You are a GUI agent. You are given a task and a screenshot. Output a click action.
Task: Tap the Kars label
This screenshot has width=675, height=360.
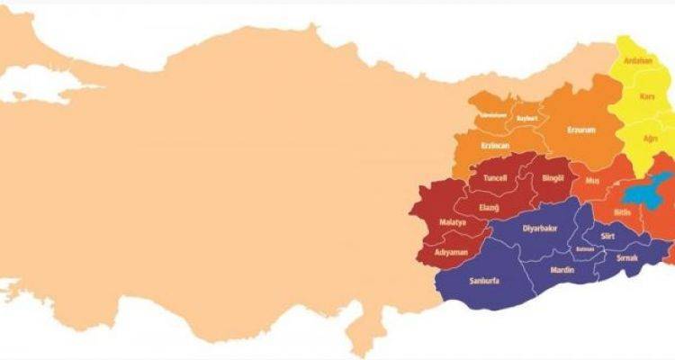coord(645,95)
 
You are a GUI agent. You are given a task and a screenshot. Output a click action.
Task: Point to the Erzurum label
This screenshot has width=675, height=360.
coord(581,130)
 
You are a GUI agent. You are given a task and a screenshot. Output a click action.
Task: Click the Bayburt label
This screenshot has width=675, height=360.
coord(526,118)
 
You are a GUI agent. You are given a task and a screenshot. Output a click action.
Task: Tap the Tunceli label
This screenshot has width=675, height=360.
coord(496,178)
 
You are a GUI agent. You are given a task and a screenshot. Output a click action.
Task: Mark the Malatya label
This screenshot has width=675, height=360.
coord(452,221)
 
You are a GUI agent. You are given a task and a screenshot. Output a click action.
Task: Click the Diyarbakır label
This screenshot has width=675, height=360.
coord(540,229)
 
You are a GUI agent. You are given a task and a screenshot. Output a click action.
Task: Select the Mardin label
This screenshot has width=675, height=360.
coord(562,268)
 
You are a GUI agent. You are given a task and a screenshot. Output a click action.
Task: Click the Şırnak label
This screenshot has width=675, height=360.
coord(626,258)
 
